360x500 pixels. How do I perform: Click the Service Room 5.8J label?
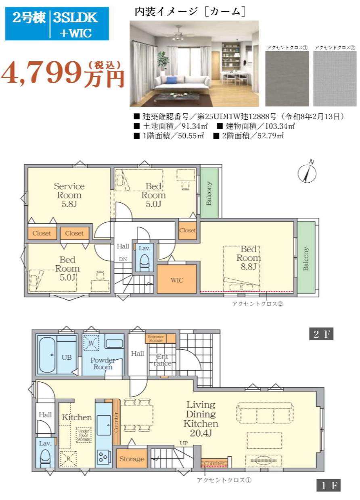pyautogui.click(x=69, y=195)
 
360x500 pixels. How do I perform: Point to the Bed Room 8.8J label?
pyautogui.click(x=249, y=258)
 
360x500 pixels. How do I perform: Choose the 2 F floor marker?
pyautogui.click(x=321, y=334)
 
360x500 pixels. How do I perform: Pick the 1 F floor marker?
pyautogui.click(x=328, y=485)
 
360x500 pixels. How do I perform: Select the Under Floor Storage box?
pyautogui.click(x=84, y=435)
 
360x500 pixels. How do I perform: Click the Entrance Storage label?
pyautogui.click(x=156, y=339)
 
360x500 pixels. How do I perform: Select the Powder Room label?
pyautogui.click(x=103, y=364)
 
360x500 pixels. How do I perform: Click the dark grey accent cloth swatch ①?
pyautogui.click(x=287, y=79)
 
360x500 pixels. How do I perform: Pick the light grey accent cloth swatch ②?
pyautogui.click(x=335, y=79)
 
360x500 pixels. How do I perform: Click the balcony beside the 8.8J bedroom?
pyautogui.click(x=306, y=257)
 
